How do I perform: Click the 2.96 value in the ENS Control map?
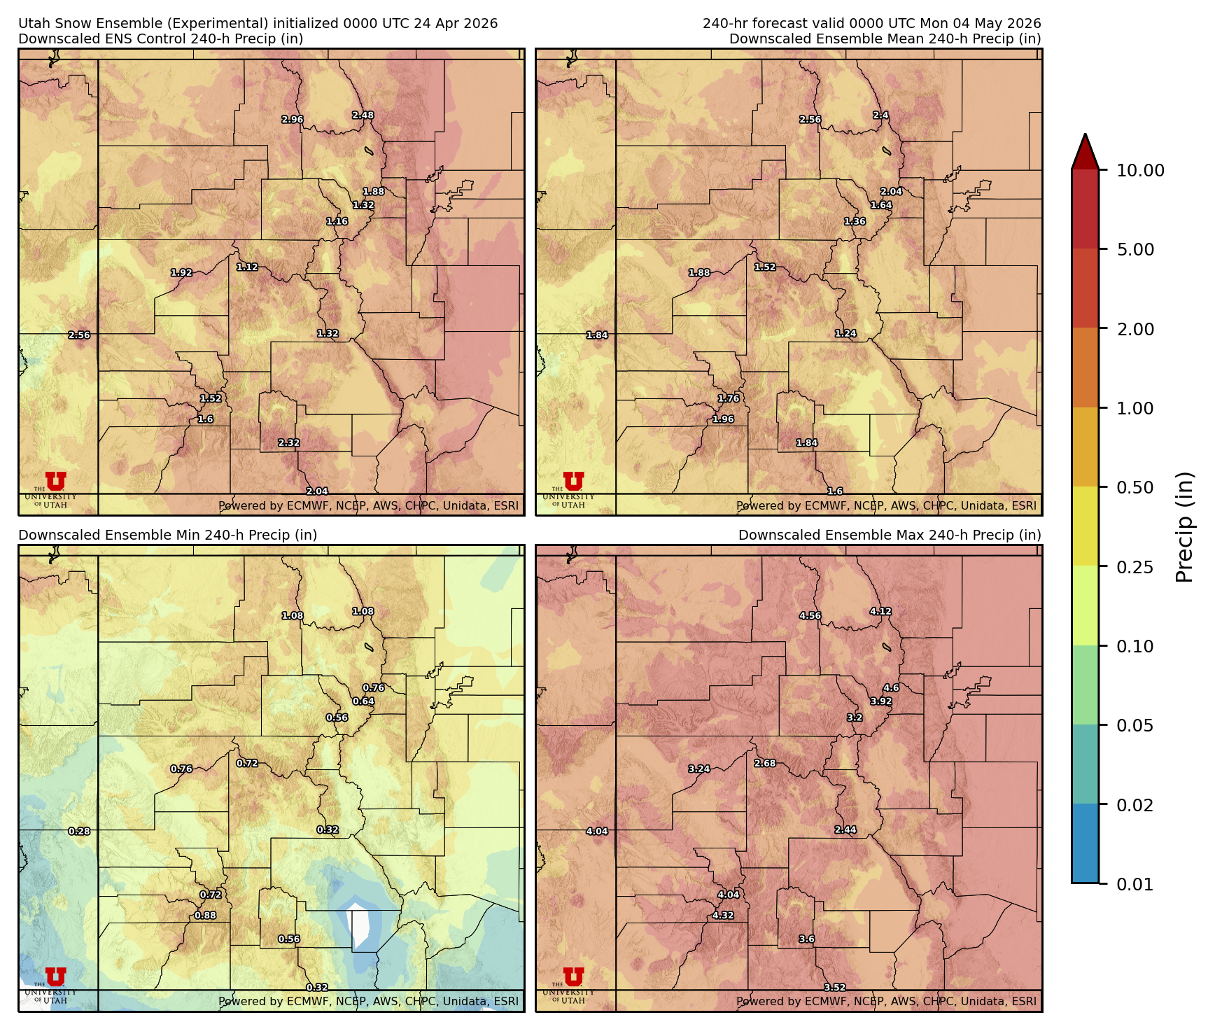pyautogui.click(x=293, y=120)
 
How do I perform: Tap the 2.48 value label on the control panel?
pyautogui.click(x=363, y=115)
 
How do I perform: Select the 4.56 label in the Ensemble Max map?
pyautogui.click(x=810, y=616)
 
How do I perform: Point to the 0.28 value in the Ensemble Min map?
pyautogui.click(x=79, y=832)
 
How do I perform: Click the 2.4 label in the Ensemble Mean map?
pyautogui.click(x=880, y=115)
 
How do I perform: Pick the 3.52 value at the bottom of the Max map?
pyautogui.click(x=834, y=988)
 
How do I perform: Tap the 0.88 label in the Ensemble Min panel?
pyautogui.click(x=205, y=916)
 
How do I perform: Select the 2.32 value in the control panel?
pyautogui.click(x=288, y=443)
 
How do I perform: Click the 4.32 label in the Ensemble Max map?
pyautogui.click(x=723, y=916)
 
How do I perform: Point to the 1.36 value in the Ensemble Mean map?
pyautogui.click(x=855, y=222)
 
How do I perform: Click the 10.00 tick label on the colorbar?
pyautogui.click(x=1140, y=171)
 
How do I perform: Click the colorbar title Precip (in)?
pyautogui.click(x=1184, y=527)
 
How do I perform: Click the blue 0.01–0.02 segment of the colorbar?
pyautogui.click(x=1085, y=843)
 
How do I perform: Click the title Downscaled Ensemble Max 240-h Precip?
pyautogui.click(x=890, y=535)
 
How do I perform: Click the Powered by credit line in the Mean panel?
pyautogui.click(x=886, y=506)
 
